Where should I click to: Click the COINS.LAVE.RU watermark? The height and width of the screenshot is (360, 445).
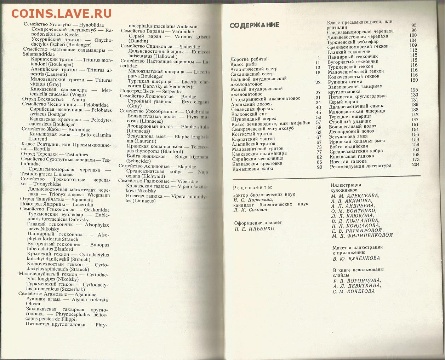click(61, 13)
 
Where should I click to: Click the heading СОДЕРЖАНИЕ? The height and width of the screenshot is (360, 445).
click(254, 25)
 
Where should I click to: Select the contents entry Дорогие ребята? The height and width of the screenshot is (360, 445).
click(249, 59)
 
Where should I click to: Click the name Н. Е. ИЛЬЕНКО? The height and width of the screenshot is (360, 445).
click(254, 229)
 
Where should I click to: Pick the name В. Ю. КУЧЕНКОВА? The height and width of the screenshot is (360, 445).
click(356, 258)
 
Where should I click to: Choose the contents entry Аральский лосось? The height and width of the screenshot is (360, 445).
click(251, 104)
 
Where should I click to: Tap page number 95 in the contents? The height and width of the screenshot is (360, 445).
click(414, 25)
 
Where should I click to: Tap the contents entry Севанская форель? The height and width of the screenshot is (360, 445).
click(252, 109)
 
